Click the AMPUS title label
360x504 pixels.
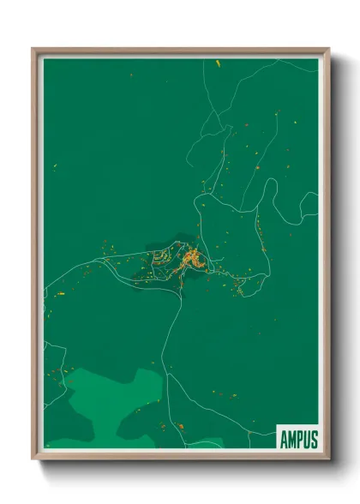[297, 439]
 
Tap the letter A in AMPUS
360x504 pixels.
[284, 439]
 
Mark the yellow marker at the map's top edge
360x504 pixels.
[218, 63]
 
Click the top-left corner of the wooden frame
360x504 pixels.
[33, 50]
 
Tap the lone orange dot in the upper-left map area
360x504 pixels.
[131, 75]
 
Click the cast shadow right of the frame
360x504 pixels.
[336, 257]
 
